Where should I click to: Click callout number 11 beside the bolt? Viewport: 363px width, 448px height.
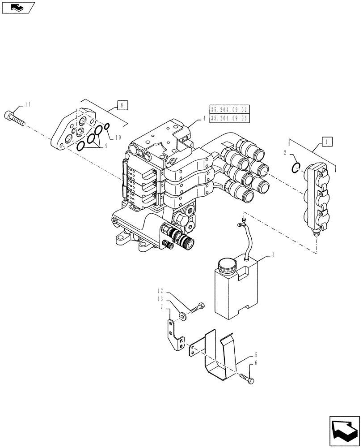28,104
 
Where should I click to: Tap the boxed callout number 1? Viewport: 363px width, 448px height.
327,142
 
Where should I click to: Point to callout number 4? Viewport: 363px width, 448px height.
204,119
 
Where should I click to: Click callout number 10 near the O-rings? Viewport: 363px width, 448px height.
118,138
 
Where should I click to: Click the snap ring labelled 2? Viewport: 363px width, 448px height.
295,168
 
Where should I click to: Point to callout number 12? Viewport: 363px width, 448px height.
160,290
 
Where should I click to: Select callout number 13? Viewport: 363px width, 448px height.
160,299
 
